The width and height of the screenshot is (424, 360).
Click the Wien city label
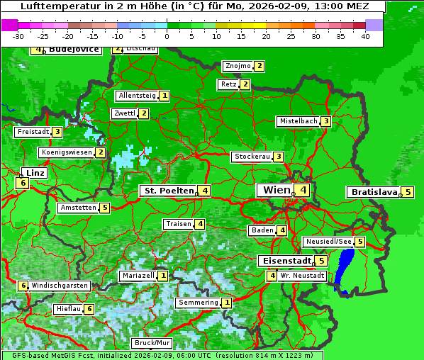point(276,190)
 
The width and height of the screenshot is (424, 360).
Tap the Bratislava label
point(374,192)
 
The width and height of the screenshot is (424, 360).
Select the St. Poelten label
point(168,191)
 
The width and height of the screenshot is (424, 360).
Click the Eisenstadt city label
point(284,261)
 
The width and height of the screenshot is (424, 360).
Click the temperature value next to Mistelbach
point(325,121)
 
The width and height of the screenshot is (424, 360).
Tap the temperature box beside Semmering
point(227,303)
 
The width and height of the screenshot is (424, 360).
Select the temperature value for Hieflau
point(89,309)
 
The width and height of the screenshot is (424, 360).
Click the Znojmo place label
point(238,66)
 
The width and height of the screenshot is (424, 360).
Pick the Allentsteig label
point(137,96)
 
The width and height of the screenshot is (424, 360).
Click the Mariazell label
point(138,276)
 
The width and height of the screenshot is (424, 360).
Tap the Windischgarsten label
point(60,286)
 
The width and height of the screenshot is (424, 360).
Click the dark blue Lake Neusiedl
point(345,269)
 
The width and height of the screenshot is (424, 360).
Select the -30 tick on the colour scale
point(19,35)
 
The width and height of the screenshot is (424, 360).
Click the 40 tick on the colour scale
point(365,35)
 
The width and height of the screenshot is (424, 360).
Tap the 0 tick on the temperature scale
point(167,35)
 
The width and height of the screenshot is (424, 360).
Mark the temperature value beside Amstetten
point(105,208)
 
